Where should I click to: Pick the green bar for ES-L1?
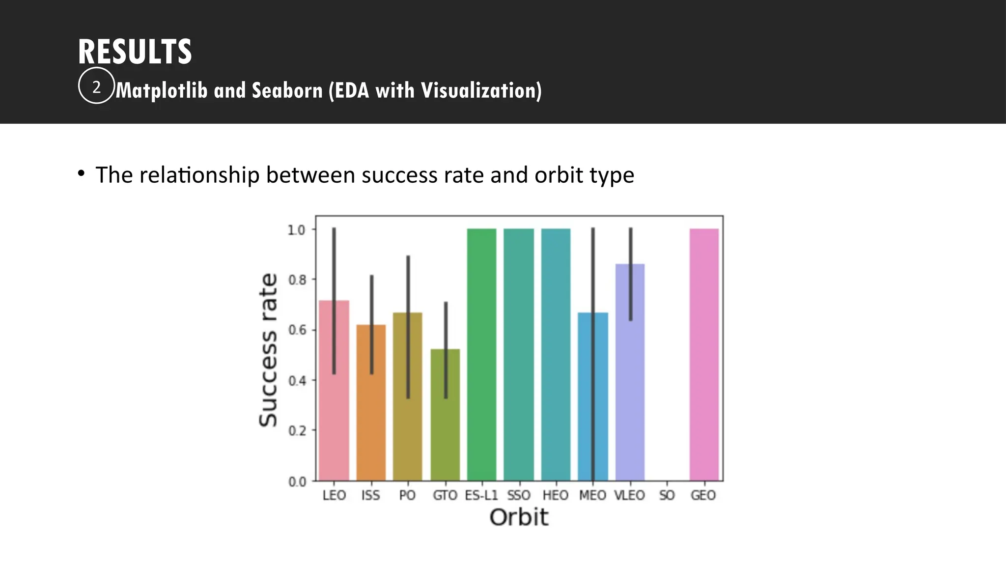point(481,354)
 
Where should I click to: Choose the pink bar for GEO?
point(704,354)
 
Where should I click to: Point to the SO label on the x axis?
point(667,495)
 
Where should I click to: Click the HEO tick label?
point(556,495)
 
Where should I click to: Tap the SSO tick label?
point(519,495)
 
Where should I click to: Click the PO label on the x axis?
point(407,495)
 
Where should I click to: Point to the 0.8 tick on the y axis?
point(297,280)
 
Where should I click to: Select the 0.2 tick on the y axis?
point(297,431)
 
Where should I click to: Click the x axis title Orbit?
point(519,517)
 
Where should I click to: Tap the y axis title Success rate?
point(268,350)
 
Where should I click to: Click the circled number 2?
point(96,86)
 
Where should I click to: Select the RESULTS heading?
point(135,52)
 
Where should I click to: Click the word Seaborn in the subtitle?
point(287,90)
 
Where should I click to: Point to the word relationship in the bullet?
point(199,175)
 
